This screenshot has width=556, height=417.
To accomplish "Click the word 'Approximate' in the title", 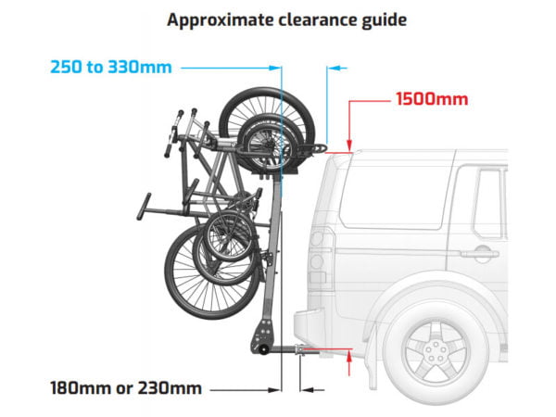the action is pos(220,20).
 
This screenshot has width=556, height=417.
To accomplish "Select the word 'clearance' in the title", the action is pos(317,19).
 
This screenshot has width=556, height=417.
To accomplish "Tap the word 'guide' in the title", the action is pos(384,20).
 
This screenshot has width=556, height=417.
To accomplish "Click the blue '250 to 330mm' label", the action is pos(111,67).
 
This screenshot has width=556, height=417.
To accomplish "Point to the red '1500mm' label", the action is pos(432,99).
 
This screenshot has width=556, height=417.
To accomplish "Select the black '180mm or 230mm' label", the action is pos(126,388).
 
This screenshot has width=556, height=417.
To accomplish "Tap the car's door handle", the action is pos(480,254).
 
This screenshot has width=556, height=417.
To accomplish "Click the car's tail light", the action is pos(319,257).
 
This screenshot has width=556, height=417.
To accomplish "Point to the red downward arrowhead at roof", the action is pos(349,145).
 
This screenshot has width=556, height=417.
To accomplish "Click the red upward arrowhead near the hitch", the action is pos(349,356).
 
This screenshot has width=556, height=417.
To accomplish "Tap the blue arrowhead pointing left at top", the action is pos(335,68).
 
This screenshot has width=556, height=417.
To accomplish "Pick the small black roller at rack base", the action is pos(263,349).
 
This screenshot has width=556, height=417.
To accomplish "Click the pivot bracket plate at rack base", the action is pos(263,335).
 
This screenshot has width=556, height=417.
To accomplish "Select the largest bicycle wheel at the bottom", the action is pos(212,272).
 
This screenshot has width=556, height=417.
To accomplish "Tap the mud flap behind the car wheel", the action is pos(372,358).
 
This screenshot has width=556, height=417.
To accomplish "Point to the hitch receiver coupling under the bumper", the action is pos(300,350).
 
